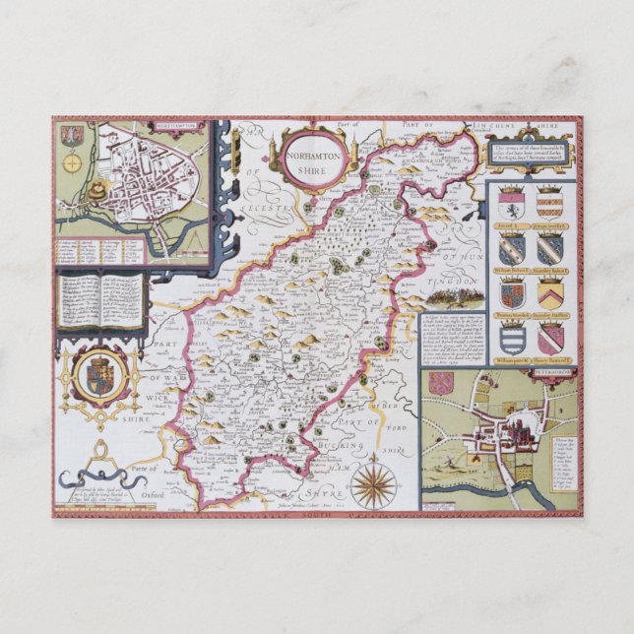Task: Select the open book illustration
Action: click(x=102, y=300)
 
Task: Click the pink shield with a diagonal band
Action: click(x=549, y=338)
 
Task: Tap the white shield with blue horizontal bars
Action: click(x=510, y=338)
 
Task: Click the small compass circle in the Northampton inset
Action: click(x=70, y=163)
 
